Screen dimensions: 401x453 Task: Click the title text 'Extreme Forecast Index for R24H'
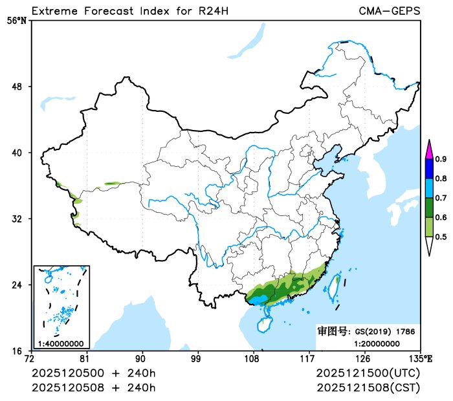coord(129,11)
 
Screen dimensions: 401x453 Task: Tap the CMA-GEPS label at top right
coord(390,11)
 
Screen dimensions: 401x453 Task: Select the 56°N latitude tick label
coord(18,20)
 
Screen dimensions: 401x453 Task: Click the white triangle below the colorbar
coord(428,246)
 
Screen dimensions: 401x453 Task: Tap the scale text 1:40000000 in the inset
coord(60,343)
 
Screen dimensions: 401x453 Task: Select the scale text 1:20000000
coord(377,343)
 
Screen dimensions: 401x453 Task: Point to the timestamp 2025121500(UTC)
coord(368,374)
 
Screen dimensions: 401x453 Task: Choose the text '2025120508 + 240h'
coord(94,387)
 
